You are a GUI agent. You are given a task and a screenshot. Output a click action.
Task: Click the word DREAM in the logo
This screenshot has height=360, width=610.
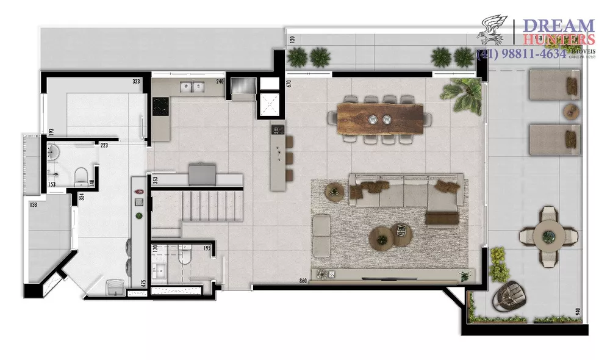coord(560,26)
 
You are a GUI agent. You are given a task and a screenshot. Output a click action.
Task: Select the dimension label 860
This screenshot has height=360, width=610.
coord(303,281)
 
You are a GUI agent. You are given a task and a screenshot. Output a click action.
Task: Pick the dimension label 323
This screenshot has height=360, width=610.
coord(137,81)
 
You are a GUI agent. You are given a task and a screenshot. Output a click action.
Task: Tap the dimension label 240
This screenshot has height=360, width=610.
coord(220,81)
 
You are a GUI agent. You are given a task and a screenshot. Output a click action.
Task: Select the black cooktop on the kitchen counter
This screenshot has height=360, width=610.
coord(160,107)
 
